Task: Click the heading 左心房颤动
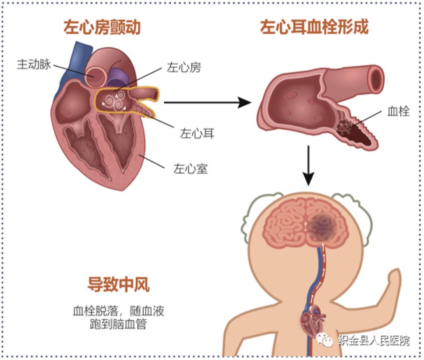[x=102, y=27]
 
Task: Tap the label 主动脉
[x=34, y=64]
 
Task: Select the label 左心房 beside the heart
[x=184, y=68]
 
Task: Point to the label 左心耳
[x=197, y=133]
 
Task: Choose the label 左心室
[x=191, y=169]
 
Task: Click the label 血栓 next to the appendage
[x=398, y=111]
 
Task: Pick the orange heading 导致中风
[x=118, y=284]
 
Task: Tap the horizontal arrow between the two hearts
[x=208, y=102]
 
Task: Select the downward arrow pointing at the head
[x=308, y=166]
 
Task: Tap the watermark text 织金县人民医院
[x=374, y=341]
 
